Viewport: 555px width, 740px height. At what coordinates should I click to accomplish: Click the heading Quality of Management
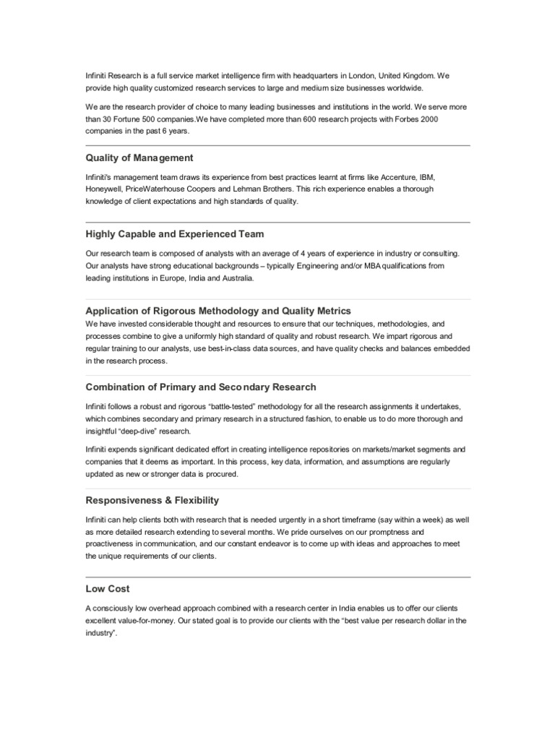[x=139, y=158]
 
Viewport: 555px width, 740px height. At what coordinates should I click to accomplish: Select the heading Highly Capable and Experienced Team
[x=175, y=234]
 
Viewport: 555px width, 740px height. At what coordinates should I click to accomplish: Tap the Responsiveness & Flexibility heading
[x=152, y=500]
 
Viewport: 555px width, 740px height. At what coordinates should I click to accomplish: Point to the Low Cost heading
[x=108, y=589]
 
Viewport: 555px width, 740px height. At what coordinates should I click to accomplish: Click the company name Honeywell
[x=103, y=189]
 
